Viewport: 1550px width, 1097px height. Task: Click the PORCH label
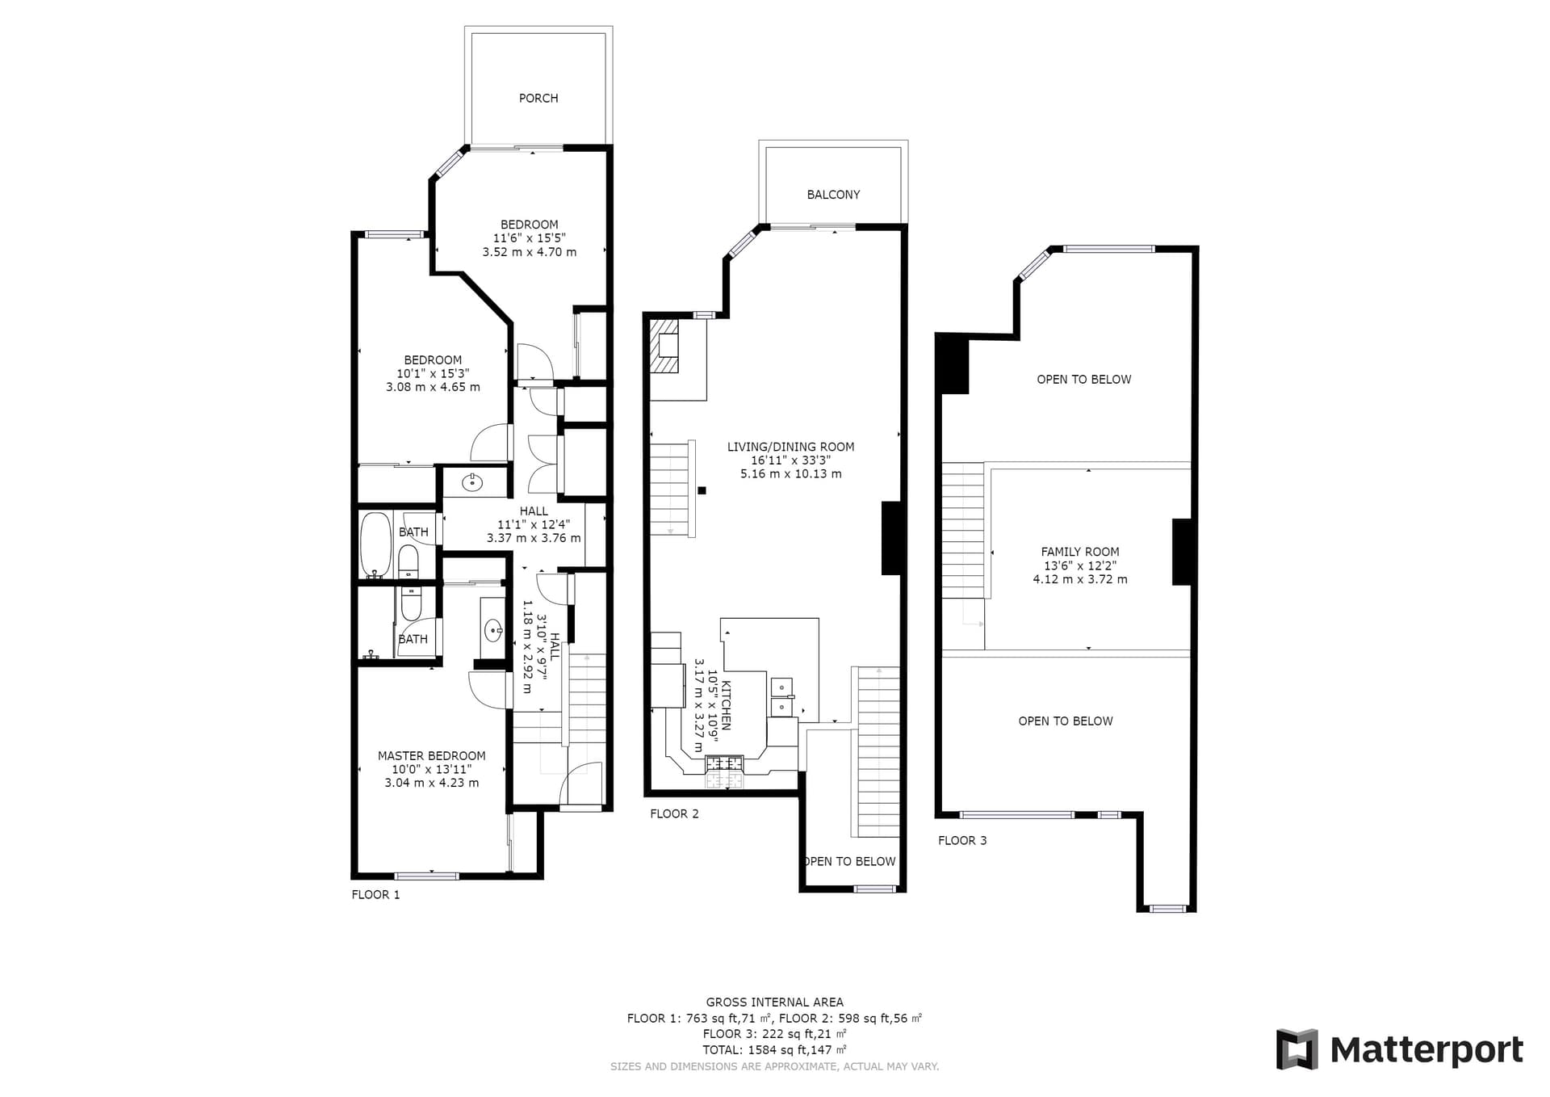pos(538,98)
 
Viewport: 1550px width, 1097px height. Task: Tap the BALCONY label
pos(833,195)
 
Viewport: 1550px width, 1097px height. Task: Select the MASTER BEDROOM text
pos(432,756)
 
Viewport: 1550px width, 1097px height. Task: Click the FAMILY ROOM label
pos(1080,552)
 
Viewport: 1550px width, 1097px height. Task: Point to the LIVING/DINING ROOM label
pos(790,447)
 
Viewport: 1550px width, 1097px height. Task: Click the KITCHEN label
pos(726,705)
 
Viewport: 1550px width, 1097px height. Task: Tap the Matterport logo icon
pos(1297,1049)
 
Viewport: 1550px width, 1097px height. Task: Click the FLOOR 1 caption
pos(375,894)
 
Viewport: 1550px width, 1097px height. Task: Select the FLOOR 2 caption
pos(674,813)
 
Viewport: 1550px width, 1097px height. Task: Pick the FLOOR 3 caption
pos(962,840)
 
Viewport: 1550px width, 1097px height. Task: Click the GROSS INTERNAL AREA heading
pos(774,1002)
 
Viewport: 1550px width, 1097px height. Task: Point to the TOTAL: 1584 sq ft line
pos(774,1050)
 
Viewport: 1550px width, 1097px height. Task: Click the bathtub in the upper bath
pos(375,545)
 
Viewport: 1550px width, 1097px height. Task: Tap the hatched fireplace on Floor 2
pos(665,346)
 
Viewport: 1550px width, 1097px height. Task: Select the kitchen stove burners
pos(724,763)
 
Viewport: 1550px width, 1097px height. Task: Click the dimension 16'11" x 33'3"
pos(790,460)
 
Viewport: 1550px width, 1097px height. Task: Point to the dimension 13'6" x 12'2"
pos(1080,565)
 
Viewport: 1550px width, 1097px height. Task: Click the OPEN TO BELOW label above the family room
pos(1084,379)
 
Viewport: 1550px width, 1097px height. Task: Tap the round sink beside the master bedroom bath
pos(493,629)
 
